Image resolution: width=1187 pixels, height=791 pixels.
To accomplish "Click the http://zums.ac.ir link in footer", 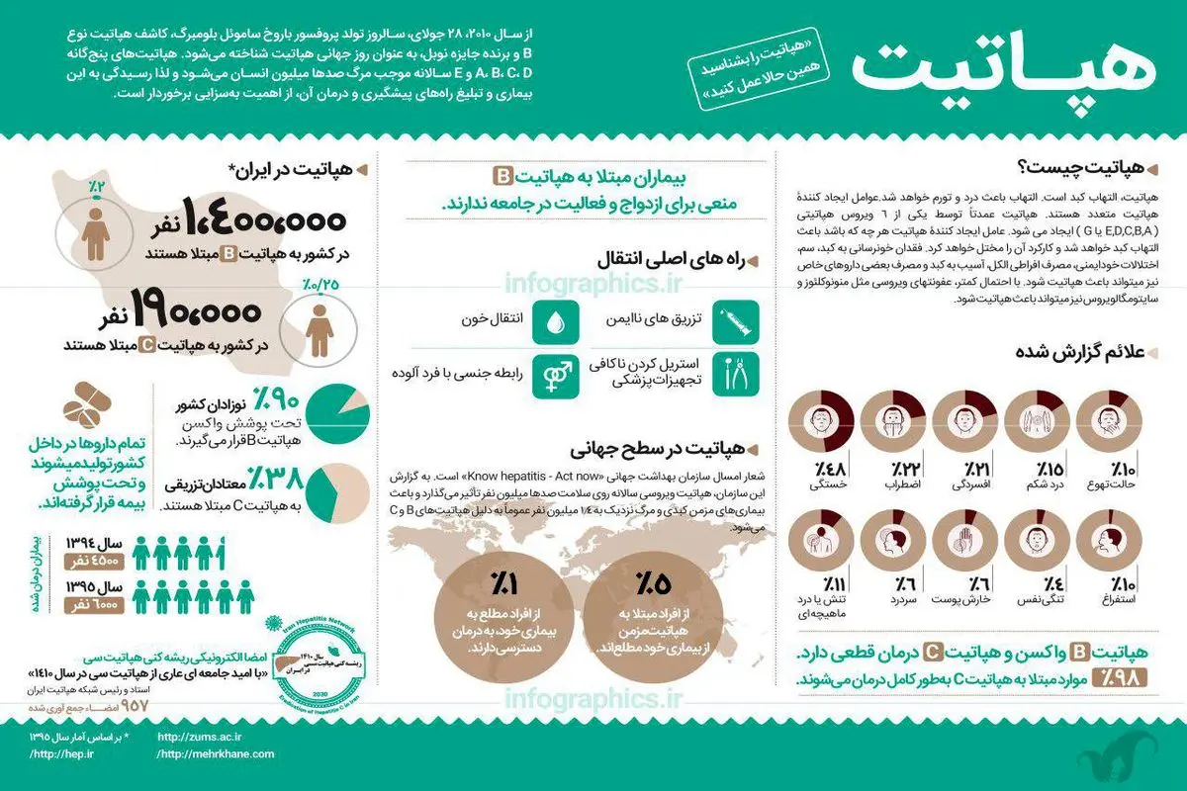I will click(199, 737).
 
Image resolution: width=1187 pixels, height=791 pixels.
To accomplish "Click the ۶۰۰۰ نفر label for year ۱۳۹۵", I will click(92, 604).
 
